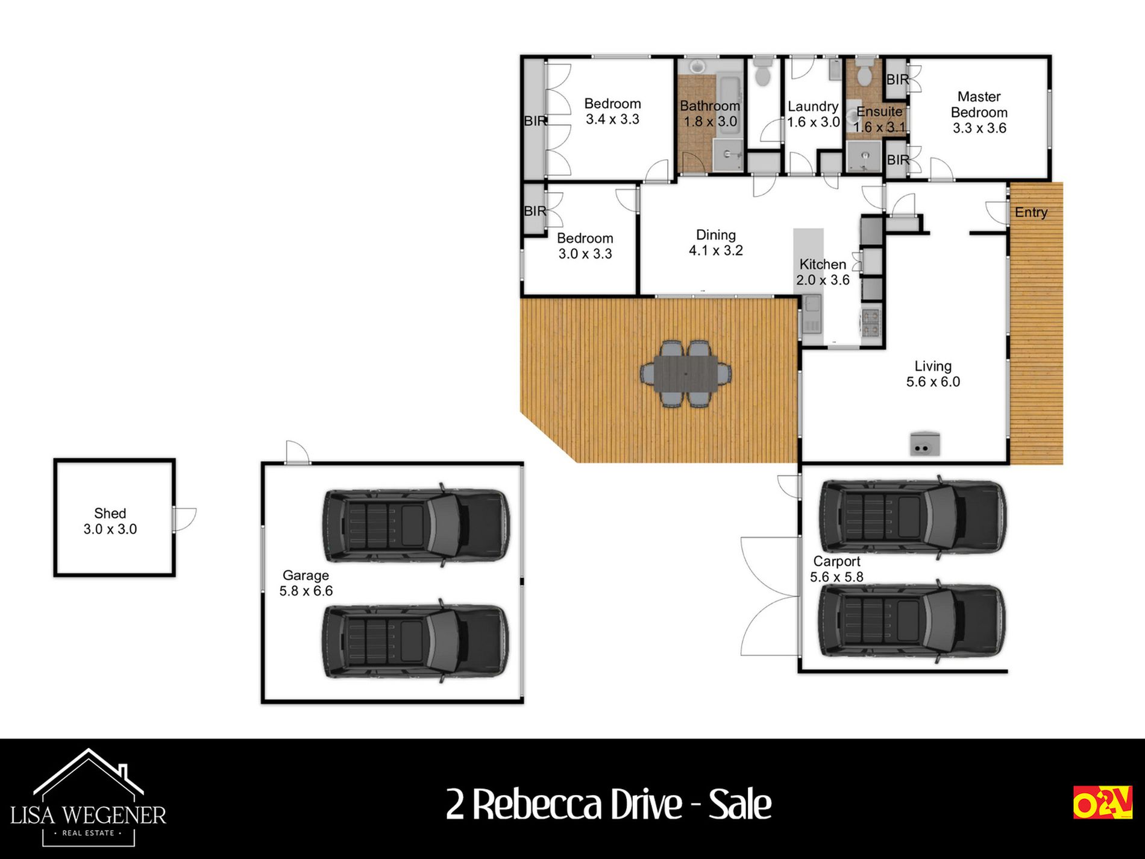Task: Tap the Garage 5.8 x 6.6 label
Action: pos(306,583)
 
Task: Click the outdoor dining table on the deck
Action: pos(686,374)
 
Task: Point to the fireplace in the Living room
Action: pos(924,444)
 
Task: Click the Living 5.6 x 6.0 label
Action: pos(933,374)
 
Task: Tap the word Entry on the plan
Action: pos(1031,212)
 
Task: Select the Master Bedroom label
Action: pos(979,112)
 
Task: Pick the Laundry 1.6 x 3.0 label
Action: pos(813,114)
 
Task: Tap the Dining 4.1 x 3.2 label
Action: pos(716,242)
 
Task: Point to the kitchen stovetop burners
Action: pos(870,322)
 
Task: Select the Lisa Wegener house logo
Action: pos(89,797)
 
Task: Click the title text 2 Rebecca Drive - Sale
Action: pos(609,804)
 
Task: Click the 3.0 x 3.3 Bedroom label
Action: pos(585,246)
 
